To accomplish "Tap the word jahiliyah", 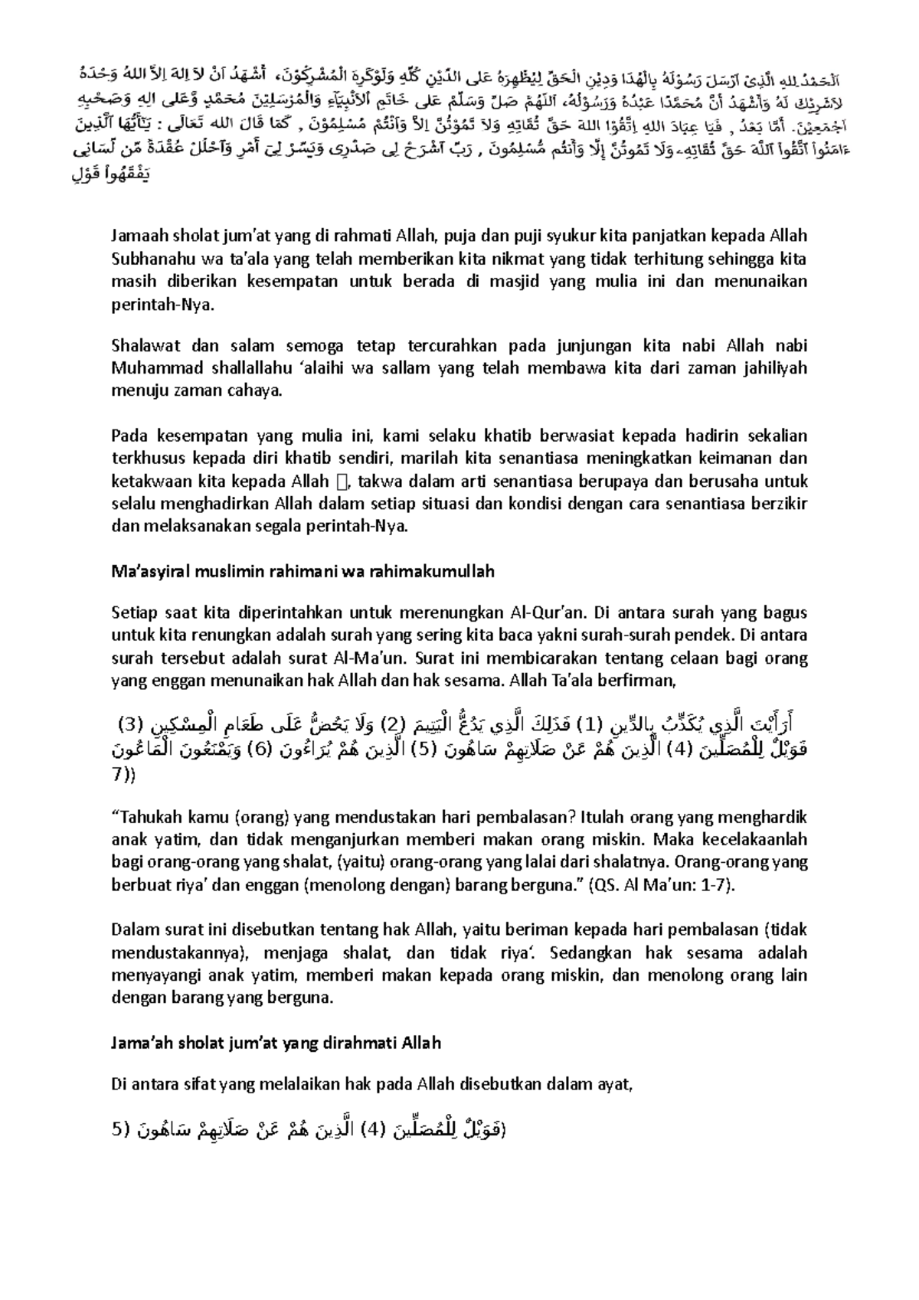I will click(x=773, y=368).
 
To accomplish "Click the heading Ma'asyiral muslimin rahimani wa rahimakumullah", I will click(x=303, y=571).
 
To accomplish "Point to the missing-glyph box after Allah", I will click(x=342, y=482).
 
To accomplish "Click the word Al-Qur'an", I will click(x=547, y=612).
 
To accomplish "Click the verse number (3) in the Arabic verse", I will click(x=130, y=723).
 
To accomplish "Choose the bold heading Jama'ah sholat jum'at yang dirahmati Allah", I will click(x=276, y=1043).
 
